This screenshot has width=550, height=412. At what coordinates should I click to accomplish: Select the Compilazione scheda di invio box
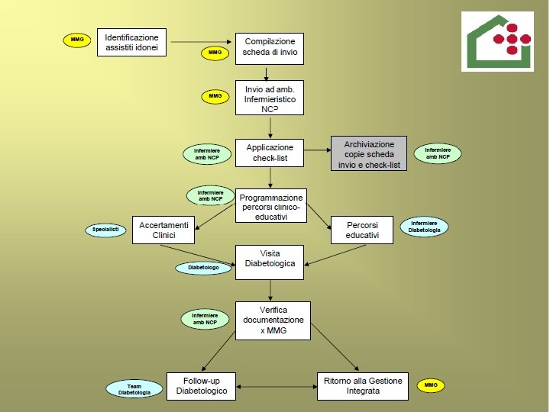click(270, 50)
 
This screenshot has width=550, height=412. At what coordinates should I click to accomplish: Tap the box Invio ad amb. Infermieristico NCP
click(270, 98)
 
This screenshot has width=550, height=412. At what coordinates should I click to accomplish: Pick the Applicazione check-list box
click(270, 153)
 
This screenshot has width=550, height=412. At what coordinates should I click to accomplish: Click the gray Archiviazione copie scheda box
click(369, 154)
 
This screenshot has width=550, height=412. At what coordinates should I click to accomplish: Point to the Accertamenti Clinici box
click(163, 230)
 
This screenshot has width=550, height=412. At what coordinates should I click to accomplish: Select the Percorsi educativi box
click(361, 230)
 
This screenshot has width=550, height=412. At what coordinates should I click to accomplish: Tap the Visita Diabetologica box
click(270, 262)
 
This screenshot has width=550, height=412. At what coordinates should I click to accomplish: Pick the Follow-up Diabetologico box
click(202, 385)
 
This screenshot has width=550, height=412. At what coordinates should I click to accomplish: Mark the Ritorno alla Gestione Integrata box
click(362, 385)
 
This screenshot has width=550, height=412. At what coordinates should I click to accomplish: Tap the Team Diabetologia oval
click(134, 389)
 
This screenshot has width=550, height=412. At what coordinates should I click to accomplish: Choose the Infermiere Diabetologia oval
click(424, 227)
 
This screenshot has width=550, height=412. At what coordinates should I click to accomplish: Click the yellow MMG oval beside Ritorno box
click(431, 386)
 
